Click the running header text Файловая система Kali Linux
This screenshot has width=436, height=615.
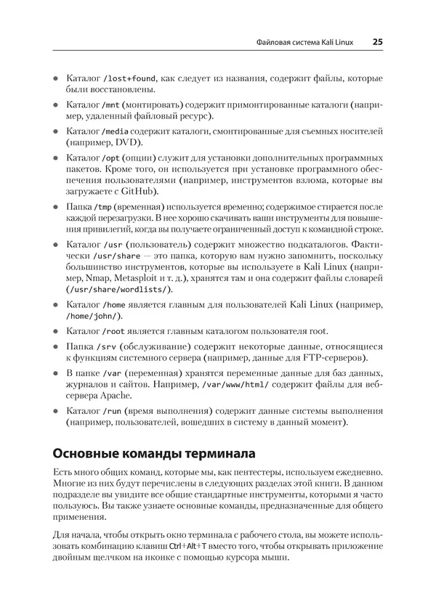[305, 42]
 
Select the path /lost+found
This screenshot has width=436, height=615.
[130, 78]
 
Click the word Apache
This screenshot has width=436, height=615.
[110, 396]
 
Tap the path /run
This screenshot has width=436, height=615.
[109, 411]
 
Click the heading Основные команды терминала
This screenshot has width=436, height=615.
[153, 455]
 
